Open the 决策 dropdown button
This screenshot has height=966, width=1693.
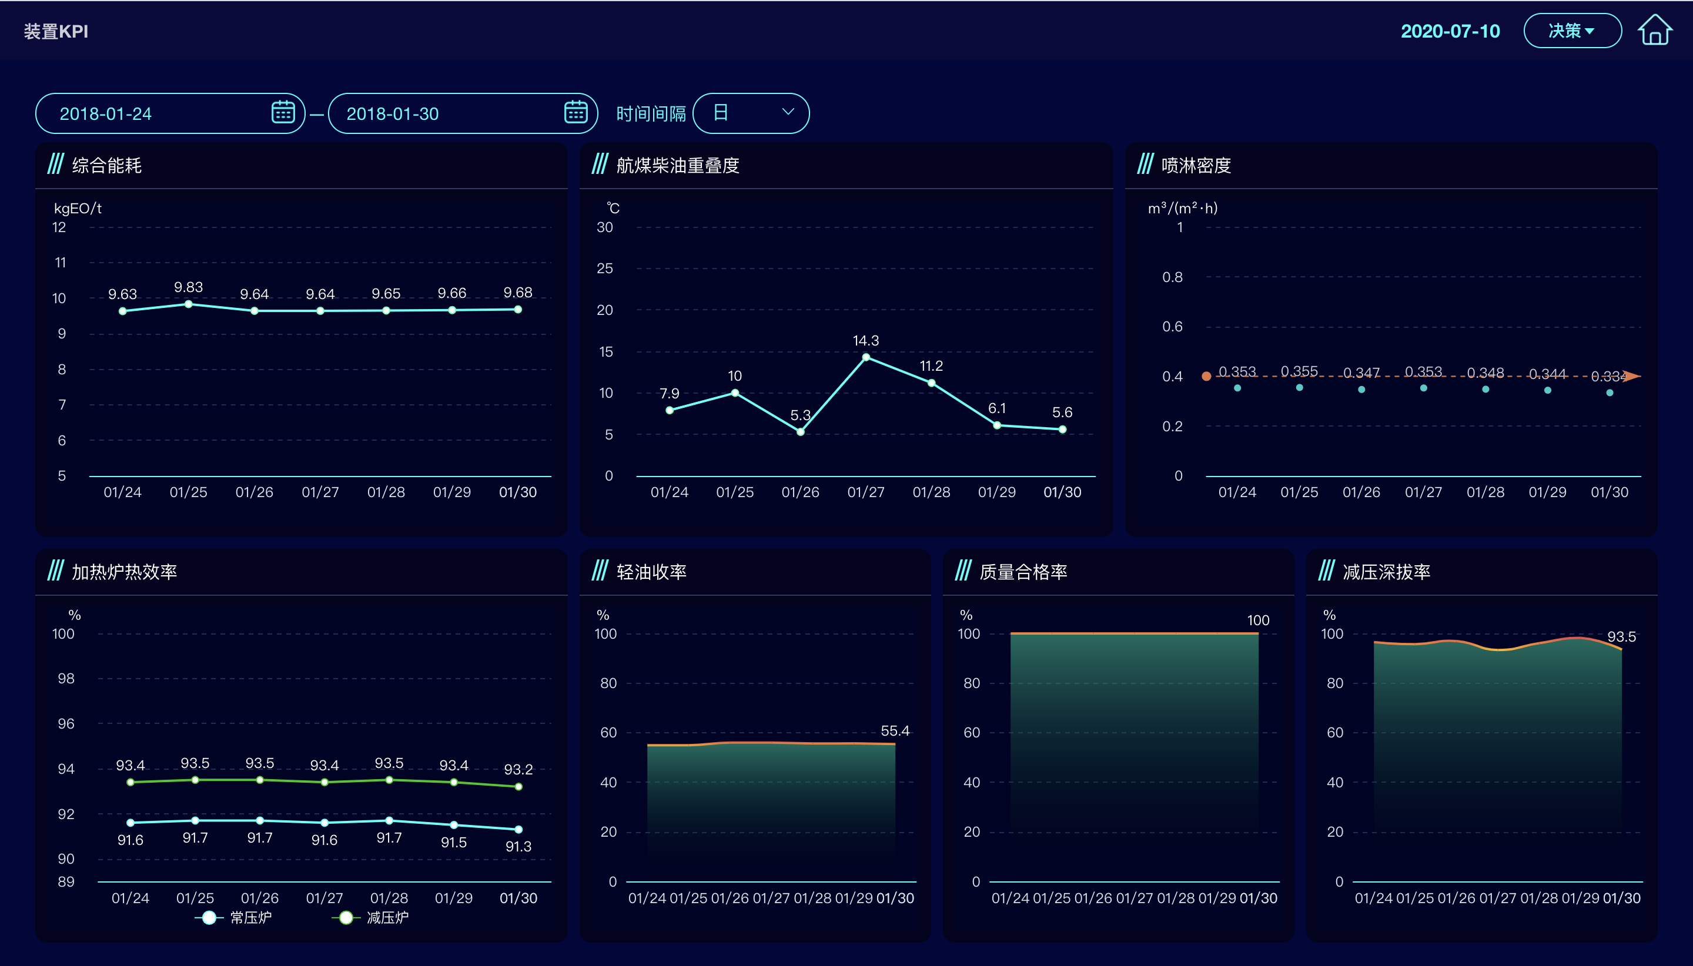(x=1571, y=31)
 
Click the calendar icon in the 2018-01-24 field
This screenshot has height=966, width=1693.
(x=283, y=112)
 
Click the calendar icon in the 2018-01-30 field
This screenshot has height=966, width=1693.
(x=575, y=112)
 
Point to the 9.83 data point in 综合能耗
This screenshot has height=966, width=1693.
(x=189, y=304)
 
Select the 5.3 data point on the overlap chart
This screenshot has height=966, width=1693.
(x=801, y=432)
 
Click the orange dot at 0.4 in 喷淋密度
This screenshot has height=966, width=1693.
(x=1206, y=376)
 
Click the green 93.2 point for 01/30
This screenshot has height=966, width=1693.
(x=518, y=787)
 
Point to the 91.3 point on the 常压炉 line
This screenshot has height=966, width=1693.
(x=518, y=829)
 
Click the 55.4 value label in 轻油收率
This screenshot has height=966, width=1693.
(x=895, y=730)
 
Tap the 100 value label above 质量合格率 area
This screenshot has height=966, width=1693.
(x=1257, y=620)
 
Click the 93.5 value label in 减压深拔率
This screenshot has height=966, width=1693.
(x=1621, y=637)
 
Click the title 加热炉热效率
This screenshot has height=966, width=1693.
(x=124, y=572)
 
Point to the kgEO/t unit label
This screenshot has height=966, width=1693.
(x=78, y=209)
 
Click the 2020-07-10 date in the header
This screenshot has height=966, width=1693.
(x=1450, y=31)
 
